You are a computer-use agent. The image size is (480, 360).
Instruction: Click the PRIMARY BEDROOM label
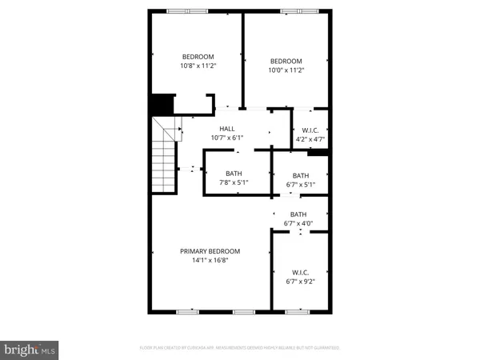coord(209,251)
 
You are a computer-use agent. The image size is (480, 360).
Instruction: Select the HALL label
coord(226,128)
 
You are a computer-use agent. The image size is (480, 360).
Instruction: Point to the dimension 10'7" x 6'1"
coord(226,138)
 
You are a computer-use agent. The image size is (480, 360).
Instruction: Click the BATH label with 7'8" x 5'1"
coord(234,174)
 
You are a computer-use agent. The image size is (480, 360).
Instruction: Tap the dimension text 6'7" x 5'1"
coord(301,186)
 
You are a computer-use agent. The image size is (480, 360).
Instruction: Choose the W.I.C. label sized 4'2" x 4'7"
coord(310,130)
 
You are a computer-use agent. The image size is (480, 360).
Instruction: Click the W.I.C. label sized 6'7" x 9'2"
coord(301,271)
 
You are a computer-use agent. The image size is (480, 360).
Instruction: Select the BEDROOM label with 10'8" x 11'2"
coord(198,56)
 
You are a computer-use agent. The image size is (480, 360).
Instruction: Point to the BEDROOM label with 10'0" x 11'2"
coord(286,62)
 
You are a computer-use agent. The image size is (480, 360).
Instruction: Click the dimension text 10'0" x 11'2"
coord(286,70)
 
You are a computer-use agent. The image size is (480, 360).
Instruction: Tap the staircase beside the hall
coord(166,156)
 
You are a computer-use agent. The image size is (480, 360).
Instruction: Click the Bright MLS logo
coord(30,349)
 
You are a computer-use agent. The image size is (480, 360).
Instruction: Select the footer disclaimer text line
coord(240,348)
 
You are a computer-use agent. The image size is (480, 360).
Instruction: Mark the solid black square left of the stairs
coord(162,105)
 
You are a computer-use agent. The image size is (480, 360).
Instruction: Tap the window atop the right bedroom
coord(295,10)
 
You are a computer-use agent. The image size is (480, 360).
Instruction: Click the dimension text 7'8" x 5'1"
coord(234,183)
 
